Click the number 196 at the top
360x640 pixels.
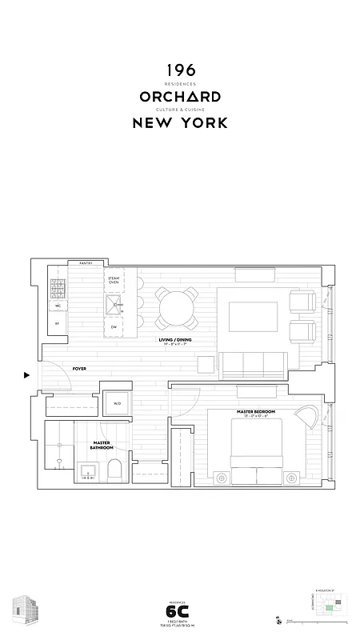[x=179, y=71]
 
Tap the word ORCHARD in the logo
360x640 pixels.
[x=179, y=97]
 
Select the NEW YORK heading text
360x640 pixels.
[x=179, y=123]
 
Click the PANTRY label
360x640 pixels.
[x=86, y=263]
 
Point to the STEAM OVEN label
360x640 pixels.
[x=114, y=280]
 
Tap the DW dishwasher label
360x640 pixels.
[x=114, y=327]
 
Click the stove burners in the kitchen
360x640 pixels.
[x=58, y=287]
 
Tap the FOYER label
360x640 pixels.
[x=79, y=369]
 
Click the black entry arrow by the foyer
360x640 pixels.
[x=26, y=374]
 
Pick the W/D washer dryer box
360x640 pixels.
[x=117, y=403]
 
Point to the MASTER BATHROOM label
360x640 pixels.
[x=102, y=446]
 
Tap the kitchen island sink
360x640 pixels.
[x=114, y=303]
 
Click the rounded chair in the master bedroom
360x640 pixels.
[x=305, y=416]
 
